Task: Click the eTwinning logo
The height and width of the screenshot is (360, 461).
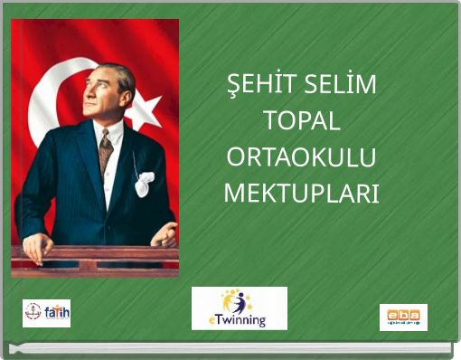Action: point(240,308)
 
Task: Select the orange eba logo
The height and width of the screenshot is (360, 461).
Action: point(403,317)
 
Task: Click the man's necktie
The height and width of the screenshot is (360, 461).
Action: point(106,149)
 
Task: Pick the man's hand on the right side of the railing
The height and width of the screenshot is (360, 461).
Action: point(165,236)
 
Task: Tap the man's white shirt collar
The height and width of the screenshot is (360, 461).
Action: point(108,132)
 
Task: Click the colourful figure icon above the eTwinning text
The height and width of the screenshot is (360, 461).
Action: point(240,301)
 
